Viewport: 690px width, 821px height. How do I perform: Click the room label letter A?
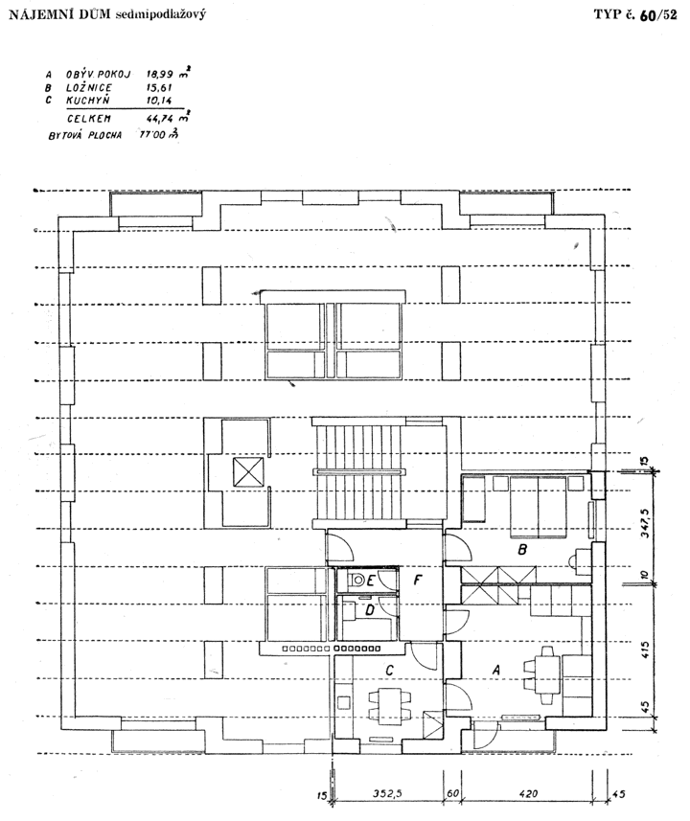496,670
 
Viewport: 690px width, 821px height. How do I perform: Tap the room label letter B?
522,550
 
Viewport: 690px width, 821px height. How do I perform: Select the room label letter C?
389,671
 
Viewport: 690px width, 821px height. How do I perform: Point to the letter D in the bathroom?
370,610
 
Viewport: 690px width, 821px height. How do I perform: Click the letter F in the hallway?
418,581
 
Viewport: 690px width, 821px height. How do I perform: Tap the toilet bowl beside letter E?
358,581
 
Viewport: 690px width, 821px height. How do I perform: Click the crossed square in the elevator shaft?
248,471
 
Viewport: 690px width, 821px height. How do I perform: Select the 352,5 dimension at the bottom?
388,794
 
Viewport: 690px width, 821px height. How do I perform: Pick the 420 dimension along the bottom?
528,794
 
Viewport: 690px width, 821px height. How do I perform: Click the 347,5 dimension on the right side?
645,523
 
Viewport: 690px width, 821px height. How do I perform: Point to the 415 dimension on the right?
645,650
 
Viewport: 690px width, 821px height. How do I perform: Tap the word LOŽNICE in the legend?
89,87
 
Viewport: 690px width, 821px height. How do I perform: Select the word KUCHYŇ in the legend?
87,100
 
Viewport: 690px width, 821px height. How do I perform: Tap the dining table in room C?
390,707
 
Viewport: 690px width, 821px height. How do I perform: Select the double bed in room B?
538,507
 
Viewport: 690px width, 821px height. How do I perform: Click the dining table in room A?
547,675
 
